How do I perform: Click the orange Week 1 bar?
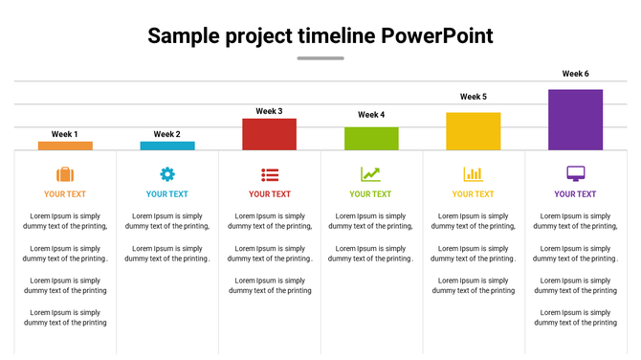pos(65,146)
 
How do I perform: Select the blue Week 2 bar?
pos(167,146)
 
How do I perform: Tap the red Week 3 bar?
pos(269,134)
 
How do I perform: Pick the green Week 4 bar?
pos(371,138)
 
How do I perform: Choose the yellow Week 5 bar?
pos(473,131)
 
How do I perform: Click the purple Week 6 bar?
pos(575,120)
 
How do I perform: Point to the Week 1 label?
pos(65,134)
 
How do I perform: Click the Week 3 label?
pos(269,111)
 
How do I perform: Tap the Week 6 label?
pos(575,74)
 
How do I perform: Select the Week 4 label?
pos(371,115)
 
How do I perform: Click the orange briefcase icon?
pos(65,174)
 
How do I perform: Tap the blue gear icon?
pos(167,174)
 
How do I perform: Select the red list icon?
pos(270,174)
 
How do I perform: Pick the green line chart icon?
pos(370,174)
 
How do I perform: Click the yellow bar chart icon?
pos(473,174)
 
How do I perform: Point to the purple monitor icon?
pos(575,173)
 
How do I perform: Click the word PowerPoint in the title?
pos(437,36)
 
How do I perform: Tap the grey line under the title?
pos(320,58)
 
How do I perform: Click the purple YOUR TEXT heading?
pos(575,194)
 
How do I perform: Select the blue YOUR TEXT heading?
pos(167,194)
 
